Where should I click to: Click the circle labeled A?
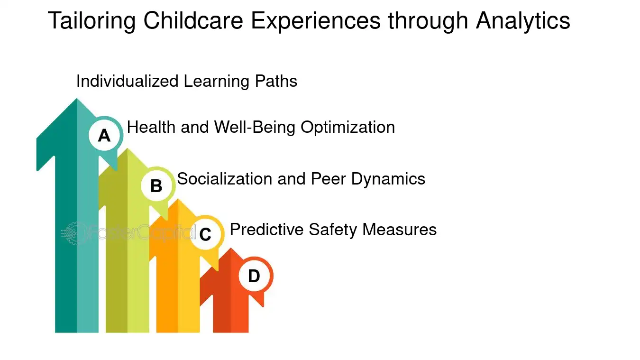pyautogui.click(x=104, y=136)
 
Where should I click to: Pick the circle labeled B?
pyautogui.click(x=156, y=186)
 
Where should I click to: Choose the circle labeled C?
pyautogui.click(x=205, y=234)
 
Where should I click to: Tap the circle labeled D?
pyautogui.click(x=254, y=276)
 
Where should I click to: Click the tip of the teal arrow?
pyautogui.click(x=76, y=101)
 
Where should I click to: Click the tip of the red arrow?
pyautogui.click(x=230, y=250)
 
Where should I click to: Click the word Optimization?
pyautogui.click(x=348, y=127)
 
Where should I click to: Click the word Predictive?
pyautogui.click(x=267, y=230)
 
